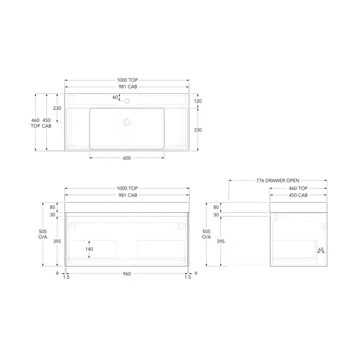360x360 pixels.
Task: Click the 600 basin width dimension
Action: coord(127,158)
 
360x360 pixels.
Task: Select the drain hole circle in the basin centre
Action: coord(127,122)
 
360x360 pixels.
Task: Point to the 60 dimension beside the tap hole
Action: coord(115,97)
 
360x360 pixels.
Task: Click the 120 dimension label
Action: coord(198,101)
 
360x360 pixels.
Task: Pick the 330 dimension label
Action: coord(198,130)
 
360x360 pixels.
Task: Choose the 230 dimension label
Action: coord(57,108)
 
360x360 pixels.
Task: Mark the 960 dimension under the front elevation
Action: coord(127,274)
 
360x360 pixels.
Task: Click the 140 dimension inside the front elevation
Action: coord(89,249)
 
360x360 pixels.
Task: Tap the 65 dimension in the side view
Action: coord(321,249)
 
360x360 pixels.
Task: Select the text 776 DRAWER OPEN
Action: coord(278,181)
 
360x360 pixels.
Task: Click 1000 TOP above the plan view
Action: coord(127,80)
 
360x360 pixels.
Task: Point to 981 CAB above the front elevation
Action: coord(127,196)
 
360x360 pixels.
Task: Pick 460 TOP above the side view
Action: coord(298,188)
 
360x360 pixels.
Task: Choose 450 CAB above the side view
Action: coord(298,196)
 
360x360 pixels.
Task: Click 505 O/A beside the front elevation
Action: coord(42,235)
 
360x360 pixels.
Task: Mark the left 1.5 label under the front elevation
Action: coord(66,277)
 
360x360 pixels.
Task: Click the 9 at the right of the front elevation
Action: coord(196,274)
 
